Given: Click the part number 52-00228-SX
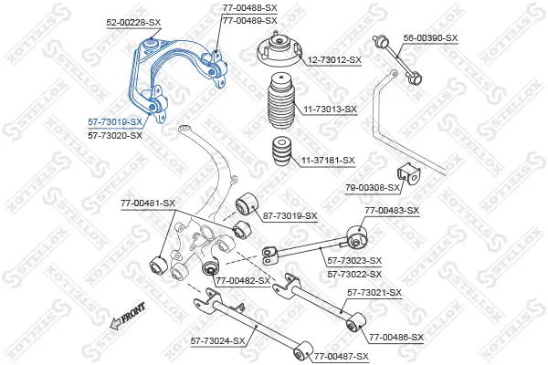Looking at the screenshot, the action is (x=133, y=23).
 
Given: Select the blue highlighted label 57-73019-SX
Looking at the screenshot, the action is (x=115, y=122).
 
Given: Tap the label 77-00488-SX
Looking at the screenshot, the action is (x=250, y=7).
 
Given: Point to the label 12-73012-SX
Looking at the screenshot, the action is (x=334, y=60).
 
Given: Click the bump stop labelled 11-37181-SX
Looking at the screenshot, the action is (x=281, y=153).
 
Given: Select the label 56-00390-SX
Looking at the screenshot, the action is (x=430, y=38).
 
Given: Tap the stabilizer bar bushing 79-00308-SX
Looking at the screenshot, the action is (x=408, y=173).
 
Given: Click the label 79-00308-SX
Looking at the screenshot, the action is (x=373, y=188).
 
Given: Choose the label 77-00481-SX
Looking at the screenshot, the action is (x=148, y=203).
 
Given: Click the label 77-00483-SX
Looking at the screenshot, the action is (x=392, y=211).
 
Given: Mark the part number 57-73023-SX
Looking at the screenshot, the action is (x=354, y=261).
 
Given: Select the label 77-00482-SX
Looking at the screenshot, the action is (x=243, y=280).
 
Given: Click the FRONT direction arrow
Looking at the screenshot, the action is (x=127, y=316).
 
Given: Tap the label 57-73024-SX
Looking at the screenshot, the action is (x=217, y=341).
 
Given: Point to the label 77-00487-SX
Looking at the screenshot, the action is (x=342, y=357).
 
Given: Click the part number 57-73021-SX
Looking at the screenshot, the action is (x=374, y=292).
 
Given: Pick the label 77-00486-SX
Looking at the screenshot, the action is (x=396, y=338).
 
